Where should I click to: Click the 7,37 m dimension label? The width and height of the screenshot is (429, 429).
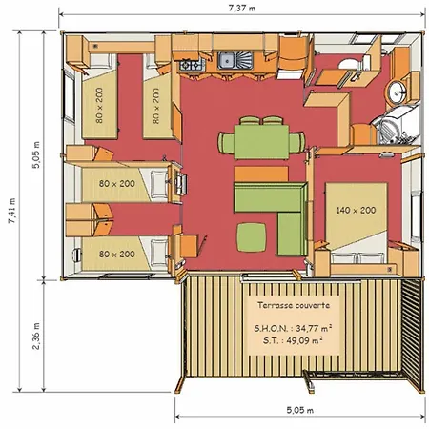tap(242, 9)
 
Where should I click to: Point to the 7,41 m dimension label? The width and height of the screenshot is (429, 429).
tap(11, 211)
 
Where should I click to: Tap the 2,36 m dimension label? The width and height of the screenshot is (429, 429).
tap(36, 336)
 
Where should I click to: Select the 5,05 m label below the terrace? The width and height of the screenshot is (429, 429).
tap(299, 410)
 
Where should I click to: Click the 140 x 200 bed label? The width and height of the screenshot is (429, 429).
tap(356, 210)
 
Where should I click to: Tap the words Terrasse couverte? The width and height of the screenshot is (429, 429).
tap(294, 305)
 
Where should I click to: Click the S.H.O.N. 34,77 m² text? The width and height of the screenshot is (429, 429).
tap(293, 328)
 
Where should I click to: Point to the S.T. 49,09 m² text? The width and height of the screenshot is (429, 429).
tap(293, 340)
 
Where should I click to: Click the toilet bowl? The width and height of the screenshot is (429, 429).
tap(354, 64)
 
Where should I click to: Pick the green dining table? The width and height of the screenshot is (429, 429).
tap(261, 142)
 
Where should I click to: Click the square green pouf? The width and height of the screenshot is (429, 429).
tap(252, 237)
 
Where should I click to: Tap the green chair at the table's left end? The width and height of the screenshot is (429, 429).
tap(226, 143)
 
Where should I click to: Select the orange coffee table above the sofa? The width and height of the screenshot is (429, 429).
tap(261, 174)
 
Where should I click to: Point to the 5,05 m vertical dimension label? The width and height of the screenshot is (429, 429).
tap(36, 154)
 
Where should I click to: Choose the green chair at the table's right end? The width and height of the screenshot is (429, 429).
tap(296, 142)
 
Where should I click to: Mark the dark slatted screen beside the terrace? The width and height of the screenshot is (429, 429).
tap(412, 333)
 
